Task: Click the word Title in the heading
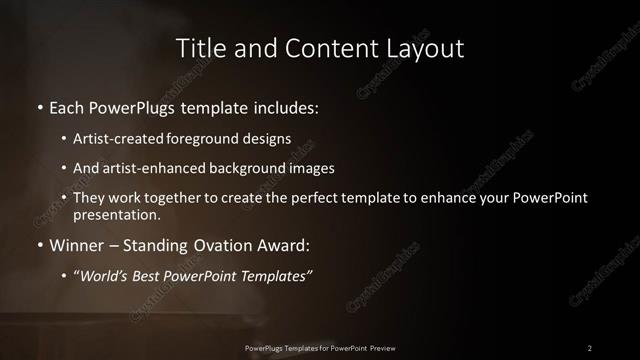click(200, 47)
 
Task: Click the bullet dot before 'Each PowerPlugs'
click(39, 107)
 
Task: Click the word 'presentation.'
click(116, 214)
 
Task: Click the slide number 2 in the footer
click(589, 347)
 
